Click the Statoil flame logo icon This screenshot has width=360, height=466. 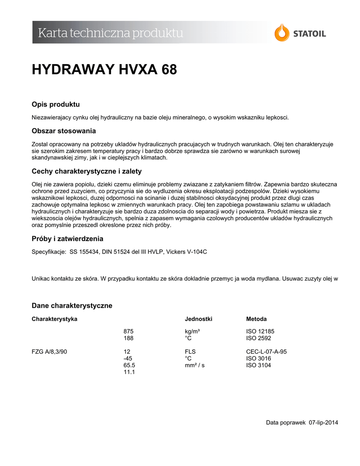[282, 33]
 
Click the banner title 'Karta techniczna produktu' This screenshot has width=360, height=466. [111, 33]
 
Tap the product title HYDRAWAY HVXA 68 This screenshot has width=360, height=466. [104, 70]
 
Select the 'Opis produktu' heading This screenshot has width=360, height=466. [56, 105]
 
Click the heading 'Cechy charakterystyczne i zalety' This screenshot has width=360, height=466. [86, 172]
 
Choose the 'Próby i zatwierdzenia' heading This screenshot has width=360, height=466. [67, 238]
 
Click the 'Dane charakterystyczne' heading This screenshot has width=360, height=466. [72, 305]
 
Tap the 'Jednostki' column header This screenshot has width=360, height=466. [198, 319]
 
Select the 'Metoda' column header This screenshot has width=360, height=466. [256, 319]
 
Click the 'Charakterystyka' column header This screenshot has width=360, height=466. [55, 319]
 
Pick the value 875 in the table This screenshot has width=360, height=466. [128, 331]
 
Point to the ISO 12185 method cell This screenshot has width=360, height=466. [260, 331]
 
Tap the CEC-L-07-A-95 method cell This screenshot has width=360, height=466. [266, 352]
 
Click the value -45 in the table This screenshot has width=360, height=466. [128, 359]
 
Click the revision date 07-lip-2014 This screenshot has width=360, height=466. [323, 423]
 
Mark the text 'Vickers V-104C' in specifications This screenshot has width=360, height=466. [188, 252]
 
